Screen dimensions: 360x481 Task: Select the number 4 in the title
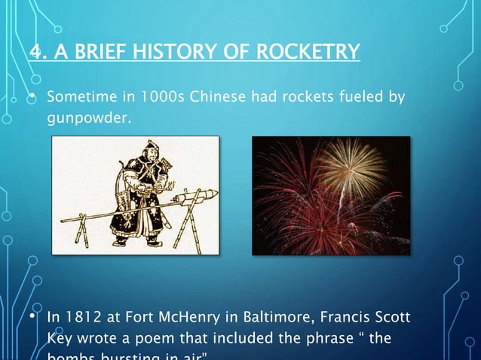(35, 52)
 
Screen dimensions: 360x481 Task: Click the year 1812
(83, 318)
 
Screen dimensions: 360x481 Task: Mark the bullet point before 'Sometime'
(32, 98)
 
